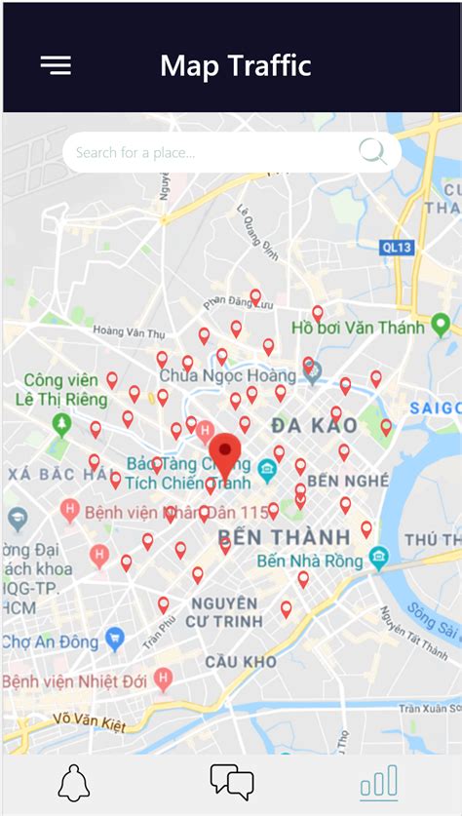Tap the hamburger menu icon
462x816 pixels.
[56, 65]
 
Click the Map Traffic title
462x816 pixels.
[236, 65]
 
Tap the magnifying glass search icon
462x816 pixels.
[371, 151]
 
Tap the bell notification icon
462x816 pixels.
[74, 783]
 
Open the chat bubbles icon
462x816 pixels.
[232, 781]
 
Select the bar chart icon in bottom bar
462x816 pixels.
[378, 781]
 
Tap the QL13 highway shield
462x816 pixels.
[398, 248]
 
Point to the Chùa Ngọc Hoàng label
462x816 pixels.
[226, 375]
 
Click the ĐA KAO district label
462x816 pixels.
[315, 426]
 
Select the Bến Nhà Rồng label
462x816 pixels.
[310, 561]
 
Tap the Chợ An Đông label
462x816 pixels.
[51, 642]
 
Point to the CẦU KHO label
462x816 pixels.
[241, 662]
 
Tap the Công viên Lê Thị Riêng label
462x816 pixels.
[60, 389]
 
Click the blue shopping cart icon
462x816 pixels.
[115, 640]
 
